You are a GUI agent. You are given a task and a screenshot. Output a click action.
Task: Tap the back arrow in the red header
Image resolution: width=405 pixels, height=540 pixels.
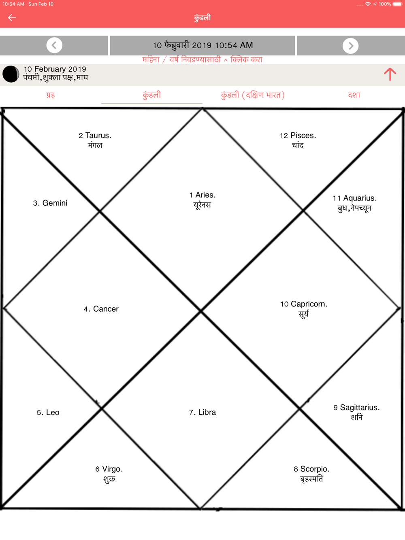(12, 18)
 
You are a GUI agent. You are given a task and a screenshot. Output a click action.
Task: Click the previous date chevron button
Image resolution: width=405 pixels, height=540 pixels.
(54, 45)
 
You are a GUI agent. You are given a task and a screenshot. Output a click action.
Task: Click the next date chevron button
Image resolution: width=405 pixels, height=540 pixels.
(350, 45)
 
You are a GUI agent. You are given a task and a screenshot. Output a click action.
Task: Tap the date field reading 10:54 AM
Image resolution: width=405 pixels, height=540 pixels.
(202, 45)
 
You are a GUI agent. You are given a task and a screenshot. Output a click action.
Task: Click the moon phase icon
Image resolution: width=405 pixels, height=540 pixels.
(11, 74)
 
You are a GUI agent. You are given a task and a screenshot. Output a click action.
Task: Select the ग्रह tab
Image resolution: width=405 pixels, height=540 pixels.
(51, 95)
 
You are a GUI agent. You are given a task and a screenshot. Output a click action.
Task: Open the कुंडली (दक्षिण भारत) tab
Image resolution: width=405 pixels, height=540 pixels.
(253, 95)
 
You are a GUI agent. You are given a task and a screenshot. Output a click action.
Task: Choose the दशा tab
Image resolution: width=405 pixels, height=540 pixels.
(354, 95)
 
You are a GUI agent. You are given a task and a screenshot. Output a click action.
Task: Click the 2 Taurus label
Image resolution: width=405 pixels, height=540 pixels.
(95, 135)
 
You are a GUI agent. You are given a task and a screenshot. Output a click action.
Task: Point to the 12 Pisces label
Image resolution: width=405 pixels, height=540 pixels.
(298, 135)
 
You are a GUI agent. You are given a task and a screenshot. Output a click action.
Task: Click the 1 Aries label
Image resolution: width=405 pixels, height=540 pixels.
(202, 195)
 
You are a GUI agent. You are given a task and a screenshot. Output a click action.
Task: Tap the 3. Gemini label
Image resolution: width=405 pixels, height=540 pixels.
(50, 203)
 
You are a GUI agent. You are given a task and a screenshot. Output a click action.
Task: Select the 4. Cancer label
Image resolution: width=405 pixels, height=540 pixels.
(101, 309)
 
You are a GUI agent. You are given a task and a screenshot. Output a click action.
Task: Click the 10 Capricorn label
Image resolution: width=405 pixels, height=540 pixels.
(304, 304)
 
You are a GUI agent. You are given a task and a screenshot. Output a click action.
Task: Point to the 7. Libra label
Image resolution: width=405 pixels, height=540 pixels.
(202, 412)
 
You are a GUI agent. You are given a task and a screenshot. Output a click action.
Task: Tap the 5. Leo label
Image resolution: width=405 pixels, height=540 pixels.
(48, 412)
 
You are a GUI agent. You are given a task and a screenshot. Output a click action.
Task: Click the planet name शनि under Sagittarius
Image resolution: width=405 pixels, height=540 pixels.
(356, 417)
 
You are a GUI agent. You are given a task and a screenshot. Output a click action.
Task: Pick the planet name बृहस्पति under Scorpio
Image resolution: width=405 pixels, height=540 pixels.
(311, 479)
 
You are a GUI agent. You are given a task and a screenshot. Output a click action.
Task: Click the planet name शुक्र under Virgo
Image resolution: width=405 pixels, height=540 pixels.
(109, 479)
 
